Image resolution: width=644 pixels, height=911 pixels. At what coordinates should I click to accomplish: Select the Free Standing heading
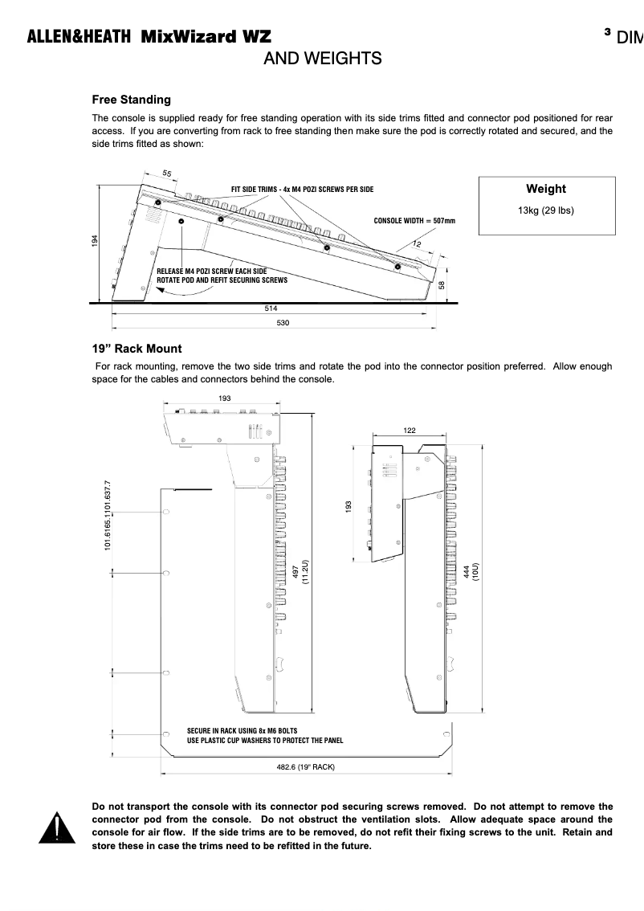tap(131, 100)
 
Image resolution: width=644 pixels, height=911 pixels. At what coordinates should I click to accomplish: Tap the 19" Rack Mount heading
tap(137, 349)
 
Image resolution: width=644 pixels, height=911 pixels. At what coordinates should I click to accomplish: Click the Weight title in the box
tap(545, 189)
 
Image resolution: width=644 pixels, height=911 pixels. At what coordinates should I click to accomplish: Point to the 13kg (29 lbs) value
tap(545, 210)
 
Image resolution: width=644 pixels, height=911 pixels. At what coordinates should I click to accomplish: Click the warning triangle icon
tap(56, 828)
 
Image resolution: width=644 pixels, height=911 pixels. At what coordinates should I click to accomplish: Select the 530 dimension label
tap(282, 322)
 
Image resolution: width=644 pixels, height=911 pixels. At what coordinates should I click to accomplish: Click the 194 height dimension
tap(95, 239)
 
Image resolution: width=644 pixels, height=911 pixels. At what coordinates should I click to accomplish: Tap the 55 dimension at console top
tap(166, 173)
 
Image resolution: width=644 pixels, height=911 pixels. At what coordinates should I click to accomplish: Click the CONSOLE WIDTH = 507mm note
tap(414, 220)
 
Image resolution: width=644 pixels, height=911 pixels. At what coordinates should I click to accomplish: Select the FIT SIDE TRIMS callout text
tap(302, 190)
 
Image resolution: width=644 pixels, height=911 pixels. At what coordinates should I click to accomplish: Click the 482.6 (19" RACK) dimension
tap(305, 767)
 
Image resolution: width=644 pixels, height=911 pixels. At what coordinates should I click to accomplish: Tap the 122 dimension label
tap(410, 431)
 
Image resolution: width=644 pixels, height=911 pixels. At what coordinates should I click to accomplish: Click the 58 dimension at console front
tap(442, 284)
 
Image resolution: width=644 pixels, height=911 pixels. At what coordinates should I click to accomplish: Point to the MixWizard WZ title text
tap(206, 37)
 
